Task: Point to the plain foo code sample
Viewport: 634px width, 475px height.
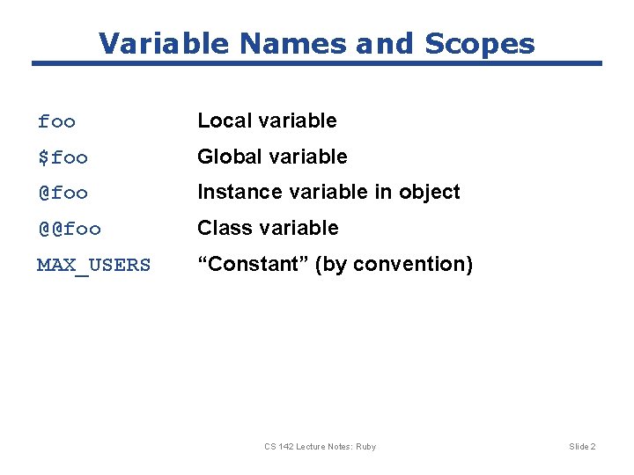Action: [x=56, y=121]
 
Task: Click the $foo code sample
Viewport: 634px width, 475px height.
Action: [x=63, y=157]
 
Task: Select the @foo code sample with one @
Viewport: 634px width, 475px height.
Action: [x=63, y=193]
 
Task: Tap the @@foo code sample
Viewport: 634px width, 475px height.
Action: [x=69, y=229]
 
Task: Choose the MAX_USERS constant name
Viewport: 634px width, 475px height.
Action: [x=93, y=265]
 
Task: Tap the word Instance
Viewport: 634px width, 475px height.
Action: [x=233, y=192]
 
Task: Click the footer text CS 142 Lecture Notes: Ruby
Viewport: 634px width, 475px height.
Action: [x=320, y=447]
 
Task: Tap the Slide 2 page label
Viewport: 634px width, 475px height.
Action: [x=582, y=447]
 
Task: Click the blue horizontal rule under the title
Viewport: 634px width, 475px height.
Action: [x=317, y=63]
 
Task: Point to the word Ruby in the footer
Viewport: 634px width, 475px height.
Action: [x=365, y=447]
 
